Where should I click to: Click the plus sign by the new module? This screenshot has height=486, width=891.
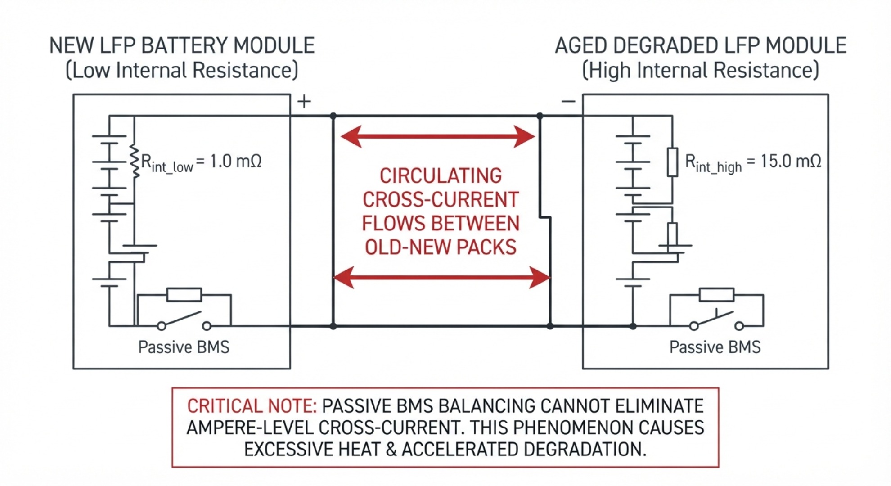pos(304,102)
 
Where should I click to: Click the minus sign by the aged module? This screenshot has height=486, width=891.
pos(568,101)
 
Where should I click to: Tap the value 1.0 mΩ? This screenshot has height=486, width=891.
pos(236,161)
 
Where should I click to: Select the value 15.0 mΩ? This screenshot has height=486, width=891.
pos(791,161)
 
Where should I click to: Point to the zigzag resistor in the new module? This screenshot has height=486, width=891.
pos(134,161)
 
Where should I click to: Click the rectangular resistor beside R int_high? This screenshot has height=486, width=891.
pos(672,162)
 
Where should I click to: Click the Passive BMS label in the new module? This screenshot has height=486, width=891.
pos(184,347)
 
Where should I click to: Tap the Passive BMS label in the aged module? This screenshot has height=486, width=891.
pos(715,347)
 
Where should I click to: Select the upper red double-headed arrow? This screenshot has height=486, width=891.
pos(438,136)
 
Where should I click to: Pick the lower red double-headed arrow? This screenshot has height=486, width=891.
pos(441,277)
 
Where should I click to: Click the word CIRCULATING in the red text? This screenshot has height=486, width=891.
pos(441,175)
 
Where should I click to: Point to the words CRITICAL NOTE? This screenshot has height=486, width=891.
pos(252,406)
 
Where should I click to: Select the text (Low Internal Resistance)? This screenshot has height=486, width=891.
pos(182,71)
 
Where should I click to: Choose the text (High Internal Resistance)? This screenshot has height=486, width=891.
pos(701,71)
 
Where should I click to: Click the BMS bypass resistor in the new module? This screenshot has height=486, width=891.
pos(184,295)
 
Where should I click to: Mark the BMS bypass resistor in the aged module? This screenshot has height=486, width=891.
pos(716,295)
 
